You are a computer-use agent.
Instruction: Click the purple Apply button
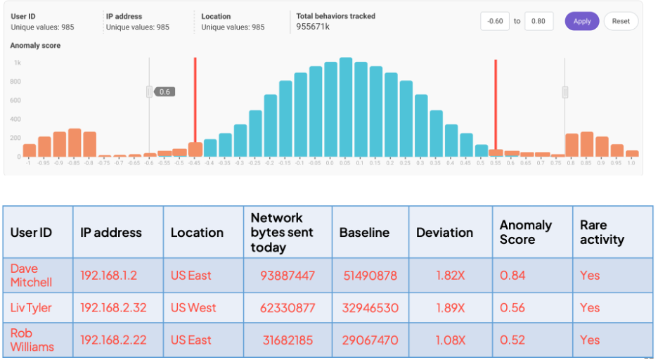click(x=581, y=21)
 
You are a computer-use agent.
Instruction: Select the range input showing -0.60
click(x=495, y=21)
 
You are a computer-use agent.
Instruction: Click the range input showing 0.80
click(x=538, y=21)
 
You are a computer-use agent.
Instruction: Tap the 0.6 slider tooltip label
click(x=164, y=91)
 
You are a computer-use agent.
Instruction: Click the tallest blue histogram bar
click(x=345, y=107)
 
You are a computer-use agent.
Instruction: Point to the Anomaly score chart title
click(x=35, y=46)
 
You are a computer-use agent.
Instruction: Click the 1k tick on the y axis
click(x=16, y=63)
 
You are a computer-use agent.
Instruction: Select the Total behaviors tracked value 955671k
click(x=314, y=27)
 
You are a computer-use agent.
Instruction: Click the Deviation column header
click(x=444, y=233)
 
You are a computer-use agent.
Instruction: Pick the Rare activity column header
click(x=602, y=233)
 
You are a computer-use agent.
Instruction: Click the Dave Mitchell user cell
click(x=31, y=275)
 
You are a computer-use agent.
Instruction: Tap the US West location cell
click(x=193, y=307)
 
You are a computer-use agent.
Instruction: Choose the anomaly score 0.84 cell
click(x=512, y=275)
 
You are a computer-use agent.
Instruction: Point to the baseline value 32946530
click(x=370, y=307)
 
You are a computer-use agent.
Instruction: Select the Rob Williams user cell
click(x=31, y=340)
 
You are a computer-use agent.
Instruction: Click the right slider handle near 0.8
click(x=565, y=92)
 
